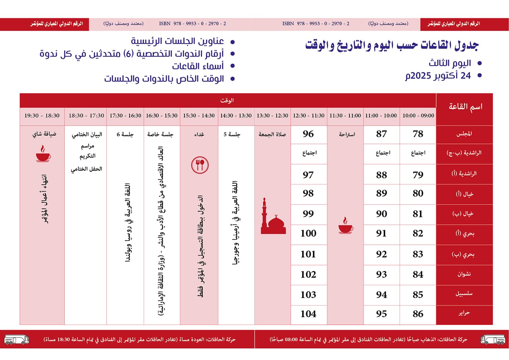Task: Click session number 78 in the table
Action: point(418,134)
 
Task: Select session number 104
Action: point(308,314)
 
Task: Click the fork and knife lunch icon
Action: point(200,164)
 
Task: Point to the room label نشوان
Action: point(464,275)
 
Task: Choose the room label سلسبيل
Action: point(464,294)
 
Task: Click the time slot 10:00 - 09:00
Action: point(418,116)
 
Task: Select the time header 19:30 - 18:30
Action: point(42,116)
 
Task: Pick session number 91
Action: point(381,234)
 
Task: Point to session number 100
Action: point(308,234)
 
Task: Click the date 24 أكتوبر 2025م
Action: point(437,76)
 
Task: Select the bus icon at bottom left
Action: point(16,339)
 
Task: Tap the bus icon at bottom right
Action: point(493,339)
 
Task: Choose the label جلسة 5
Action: point(236,134)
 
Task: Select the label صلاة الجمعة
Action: point(273,134)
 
